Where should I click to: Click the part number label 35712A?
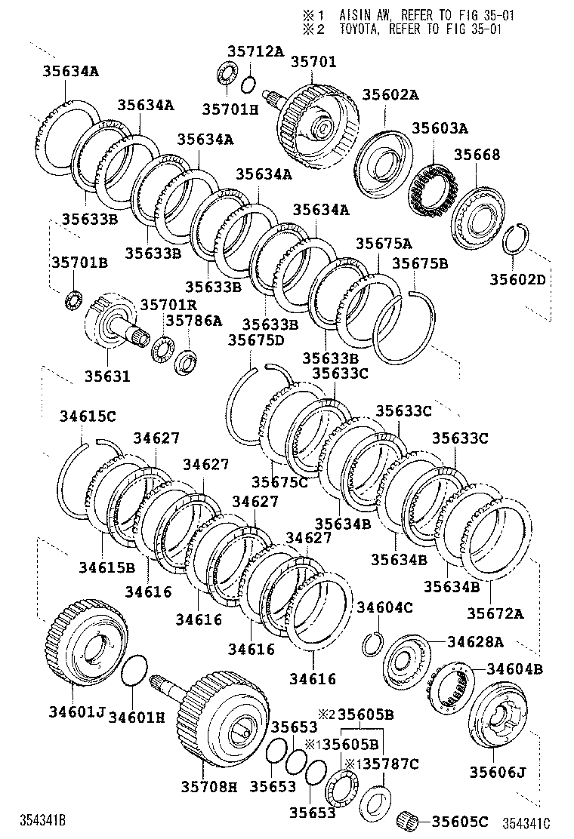pos(255,51)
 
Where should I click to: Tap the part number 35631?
pos(106,376)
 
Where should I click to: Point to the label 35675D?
pos(256,340)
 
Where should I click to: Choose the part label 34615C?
pos(88,416)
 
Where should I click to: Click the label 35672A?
pos(494,613)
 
